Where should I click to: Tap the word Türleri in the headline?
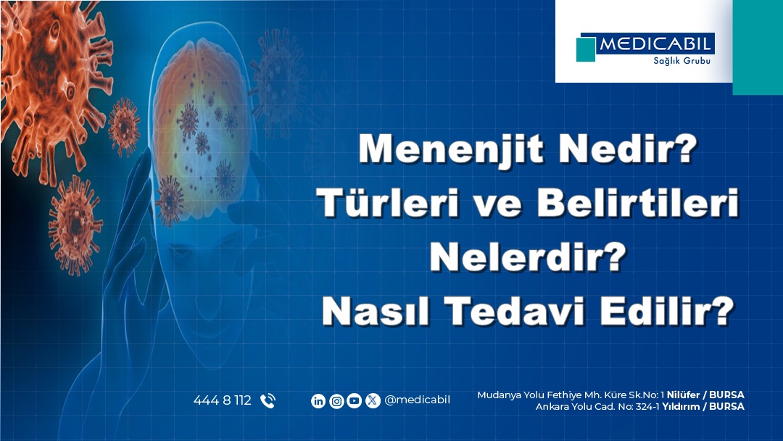(x=387, y=203)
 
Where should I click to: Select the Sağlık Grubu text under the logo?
(x=681, y=61)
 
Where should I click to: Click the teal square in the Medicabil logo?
(x=586, y=49)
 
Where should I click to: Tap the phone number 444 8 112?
(x=223, y=400)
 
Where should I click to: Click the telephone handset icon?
(x=268, y=400)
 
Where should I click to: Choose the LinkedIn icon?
(x=318, y=400)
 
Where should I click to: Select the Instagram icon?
(x=336, y=400)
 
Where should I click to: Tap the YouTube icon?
(x=354, y=400)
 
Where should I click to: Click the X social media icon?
(x=373, y=400)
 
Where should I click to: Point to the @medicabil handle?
(x=417, y=400)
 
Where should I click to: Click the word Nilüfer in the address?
(x=683, y=395)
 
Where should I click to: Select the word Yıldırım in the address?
(x=681, y=406)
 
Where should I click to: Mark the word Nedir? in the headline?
(x=627, y=149)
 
